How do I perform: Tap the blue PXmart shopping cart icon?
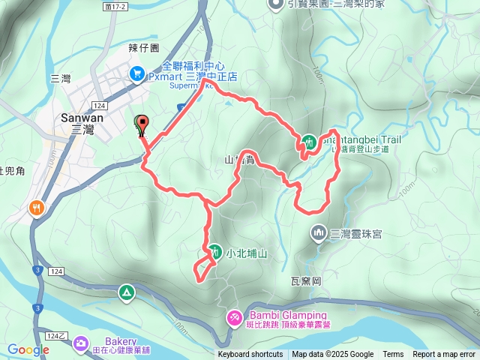click(136, 73)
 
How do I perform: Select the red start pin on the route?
click(140, 124)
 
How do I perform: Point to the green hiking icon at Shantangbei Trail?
click(309, 140)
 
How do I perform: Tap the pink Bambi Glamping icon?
click(234, 319)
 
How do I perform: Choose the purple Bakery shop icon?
click(80, 344)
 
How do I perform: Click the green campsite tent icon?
click(126, 291)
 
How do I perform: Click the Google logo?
click(28, 349)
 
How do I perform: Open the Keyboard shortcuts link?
click(250, 355)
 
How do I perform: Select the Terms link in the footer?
click(393, 355)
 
